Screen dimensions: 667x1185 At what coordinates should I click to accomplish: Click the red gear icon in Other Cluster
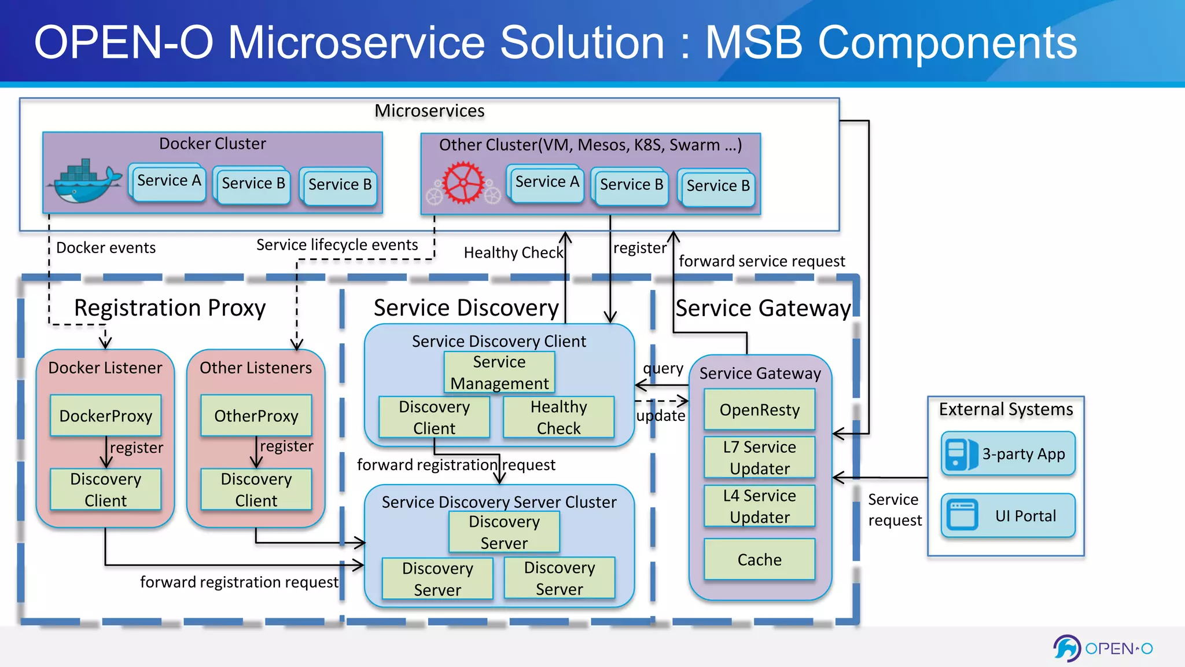click(x=464, y=183)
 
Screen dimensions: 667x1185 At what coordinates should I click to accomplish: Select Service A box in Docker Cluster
click(x=168, y=181)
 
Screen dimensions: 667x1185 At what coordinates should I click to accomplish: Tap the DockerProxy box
click(x=106, y=416)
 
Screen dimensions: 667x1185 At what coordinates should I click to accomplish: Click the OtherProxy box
click(x=256, y=416)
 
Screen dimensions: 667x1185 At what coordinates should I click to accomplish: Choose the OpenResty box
click(x=759, y=410)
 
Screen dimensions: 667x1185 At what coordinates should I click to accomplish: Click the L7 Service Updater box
click(x=759, y=457)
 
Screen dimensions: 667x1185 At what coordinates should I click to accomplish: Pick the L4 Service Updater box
click(x=759, y=506)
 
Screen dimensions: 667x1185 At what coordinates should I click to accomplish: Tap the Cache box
click(x=759, y=559)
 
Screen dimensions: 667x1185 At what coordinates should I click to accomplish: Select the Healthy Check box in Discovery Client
click(x=558, y=417)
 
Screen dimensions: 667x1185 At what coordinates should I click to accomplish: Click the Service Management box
click(x=499, y=372)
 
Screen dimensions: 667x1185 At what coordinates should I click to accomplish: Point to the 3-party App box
click(x=1008, y=454)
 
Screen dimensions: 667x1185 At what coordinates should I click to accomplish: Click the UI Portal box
click(x=1008, y=515)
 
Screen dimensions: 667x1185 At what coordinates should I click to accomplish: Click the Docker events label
click(x=106, y=248)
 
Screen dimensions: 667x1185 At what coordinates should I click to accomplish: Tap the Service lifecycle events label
click(x=337, y=245)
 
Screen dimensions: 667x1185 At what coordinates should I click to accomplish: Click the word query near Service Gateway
click(x=663, y=368)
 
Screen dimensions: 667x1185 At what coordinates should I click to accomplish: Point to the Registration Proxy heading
click(x=170, y=307)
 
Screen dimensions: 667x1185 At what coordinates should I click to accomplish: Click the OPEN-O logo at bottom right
click(x=1102, y=648)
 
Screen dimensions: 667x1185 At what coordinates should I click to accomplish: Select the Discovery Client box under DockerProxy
click(x=106, y=490)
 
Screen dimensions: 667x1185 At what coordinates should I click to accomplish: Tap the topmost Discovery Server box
click(x=504, y=532)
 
